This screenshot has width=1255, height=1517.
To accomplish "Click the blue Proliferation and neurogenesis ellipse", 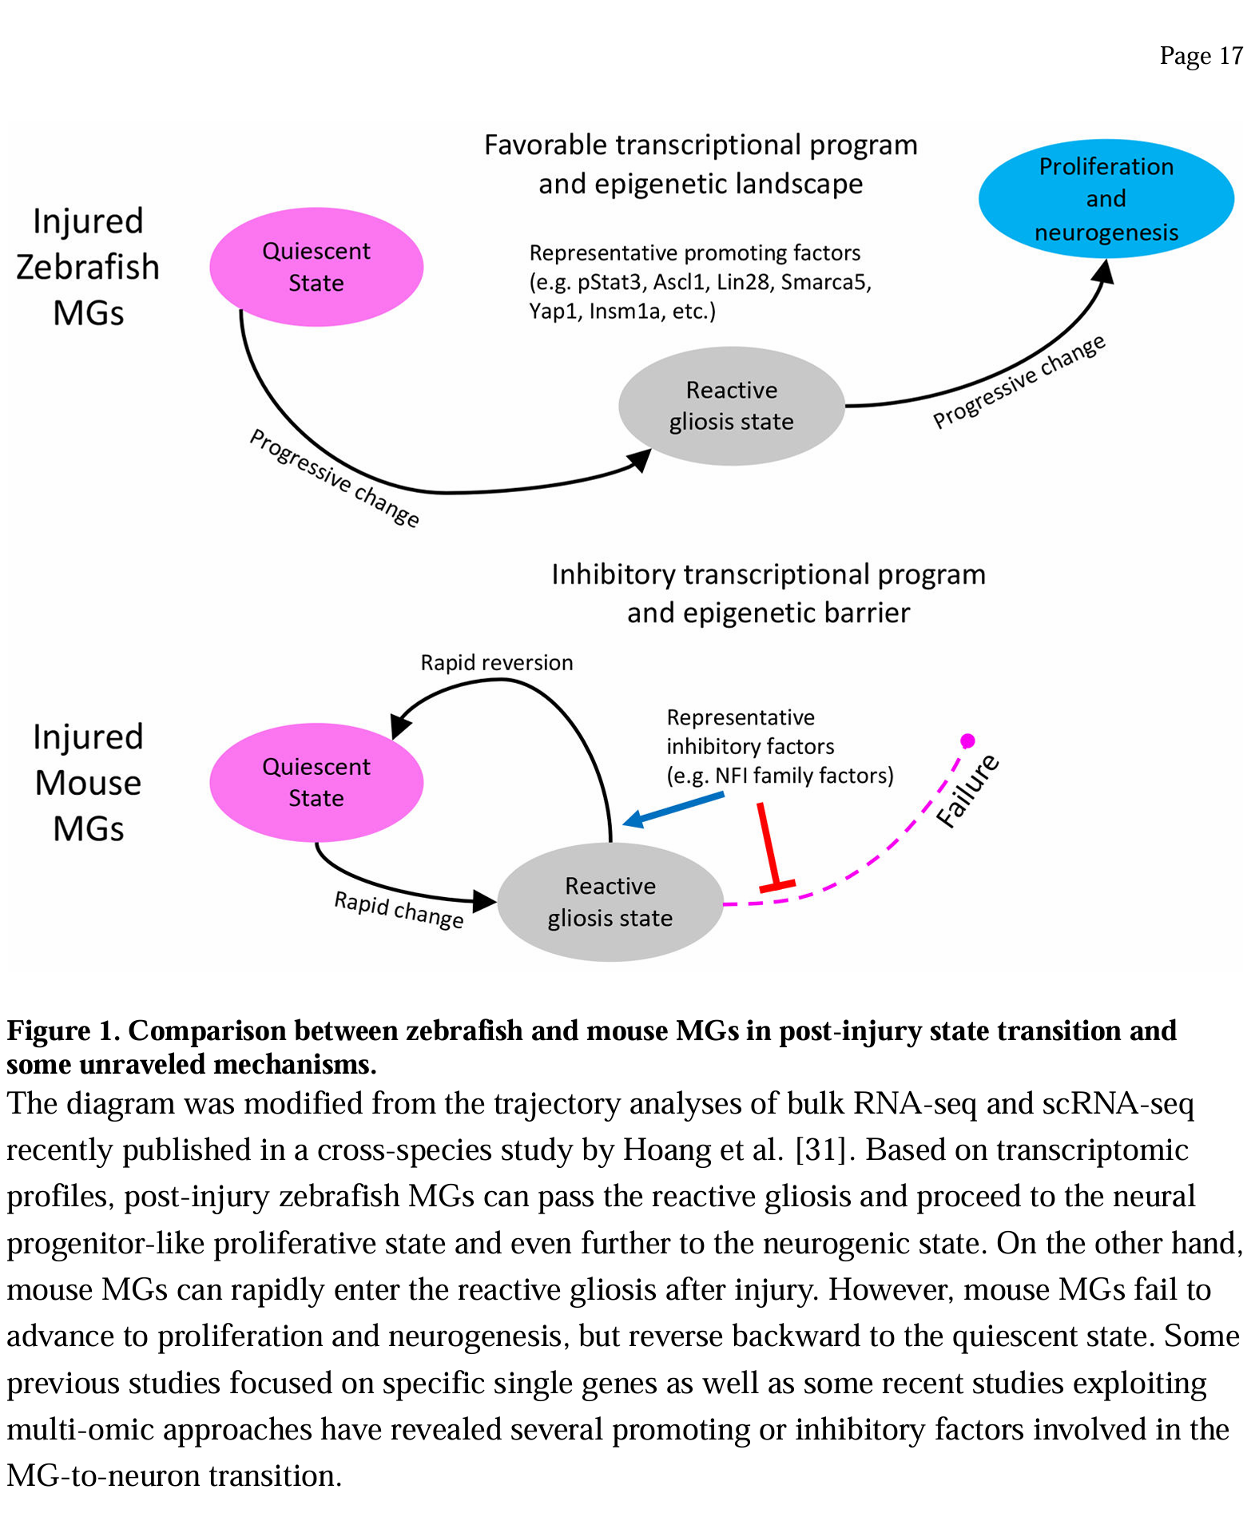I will (x=1106, y=199).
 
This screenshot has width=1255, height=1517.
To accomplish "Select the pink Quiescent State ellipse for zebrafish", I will (x=316, y=267).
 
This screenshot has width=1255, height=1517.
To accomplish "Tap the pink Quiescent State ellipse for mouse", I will (x=316, y=782).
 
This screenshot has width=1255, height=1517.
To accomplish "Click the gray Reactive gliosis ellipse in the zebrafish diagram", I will (x=731, y=406).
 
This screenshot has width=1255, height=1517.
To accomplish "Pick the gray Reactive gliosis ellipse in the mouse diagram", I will (x=610, y=902).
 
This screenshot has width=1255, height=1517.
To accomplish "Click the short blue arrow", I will (x=673, y=808).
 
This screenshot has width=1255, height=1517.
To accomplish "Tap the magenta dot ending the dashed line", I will (x=967, y=741).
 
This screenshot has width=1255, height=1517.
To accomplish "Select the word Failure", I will (x=967, y=790).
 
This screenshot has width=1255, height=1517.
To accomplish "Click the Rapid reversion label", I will (x=496, y=663).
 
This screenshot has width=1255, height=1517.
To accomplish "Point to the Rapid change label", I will (x=399, y=910).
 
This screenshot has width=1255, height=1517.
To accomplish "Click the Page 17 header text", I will (x=1201, y=56).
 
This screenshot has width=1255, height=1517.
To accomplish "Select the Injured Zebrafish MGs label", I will (x=88, y=267).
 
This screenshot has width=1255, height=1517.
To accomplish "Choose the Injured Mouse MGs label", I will (x=88, y=782).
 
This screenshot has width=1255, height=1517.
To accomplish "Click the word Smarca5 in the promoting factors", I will (x=824, y=282).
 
